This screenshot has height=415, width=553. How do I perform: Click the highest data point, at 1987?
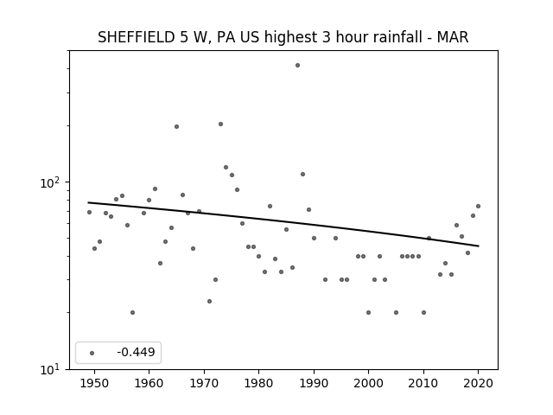click(297, 66)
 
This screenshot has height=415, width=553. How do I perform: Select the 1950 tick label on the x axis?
click(94, 383)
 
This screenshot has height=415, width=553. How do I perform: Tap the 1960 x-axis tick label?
click(149, 383)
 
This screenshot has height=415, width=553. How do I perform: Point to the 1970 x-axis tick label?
click(204, 383)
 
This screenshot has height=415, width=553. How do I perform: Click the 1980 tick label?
click(258, 383)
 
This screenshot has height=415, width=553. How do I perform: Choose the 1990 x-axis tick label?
click(314, 383)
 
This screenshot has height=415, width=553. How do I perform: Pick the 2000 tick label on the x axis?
click(369, 383)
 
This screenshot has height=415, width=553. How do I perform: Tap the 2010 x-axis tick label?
click(423, 383)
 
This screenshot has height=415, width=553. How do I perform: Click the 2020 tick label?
click(478, 383)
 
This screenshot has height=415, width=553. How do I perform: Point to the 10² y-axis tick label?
click(50, 182)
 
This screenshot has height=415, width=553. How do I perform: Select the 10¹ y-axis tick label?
click(50, 369)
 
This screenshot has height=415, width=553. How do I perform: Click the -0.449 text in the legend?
click(136, 352)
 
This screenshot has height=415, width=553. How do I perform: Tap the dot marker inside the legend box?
click(92, 353)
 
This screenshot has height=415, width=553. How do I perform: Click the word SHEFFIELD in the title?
click(137, 37)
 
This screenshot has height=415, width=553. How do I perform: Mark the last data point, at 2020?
click(478, 206)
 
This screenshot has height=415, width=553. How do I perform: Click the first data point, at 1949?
click(89, 212)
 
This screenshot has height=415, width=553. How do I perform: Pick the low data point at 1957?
click(132, 312)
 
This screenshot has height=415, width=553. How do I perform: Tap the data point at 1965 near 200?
click(176, 127)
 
